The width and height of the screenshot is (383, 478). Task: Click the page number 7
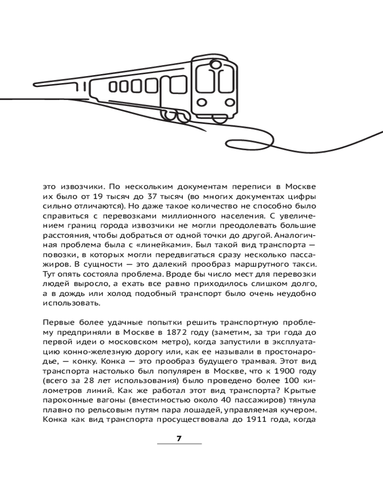point(179,439)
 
